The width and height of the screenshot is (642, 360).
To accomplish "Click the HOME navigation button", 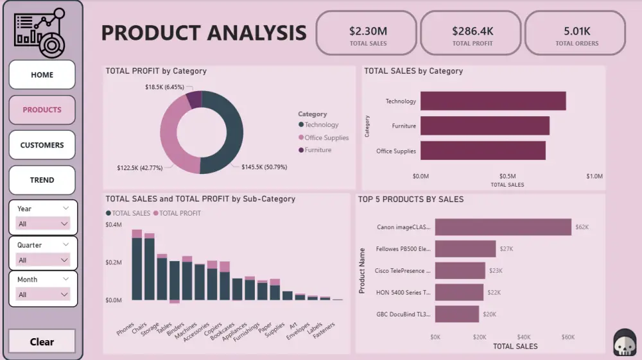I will [42, 75].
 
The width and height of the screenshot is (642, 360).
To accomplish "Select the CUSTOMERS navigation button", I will [42, 145].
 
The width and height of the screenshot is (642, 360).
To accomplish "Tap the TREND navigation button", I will [42, 180].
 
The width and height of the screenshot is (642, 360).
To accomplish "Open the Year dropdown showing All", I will [43, 224].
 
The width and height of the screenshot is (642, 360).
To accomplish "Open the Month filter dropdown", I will [43, 295].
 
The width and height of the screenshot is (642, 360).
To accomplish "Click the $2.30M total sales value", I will [368, 31].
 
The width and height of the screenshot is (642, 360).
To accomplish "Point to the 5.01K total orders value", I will [577, 31].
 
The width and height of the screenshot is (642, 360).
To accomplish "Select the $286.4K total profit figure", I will [473, 31].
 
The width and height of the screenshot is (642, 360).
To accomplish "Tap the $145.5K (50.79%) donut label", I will [264, 167].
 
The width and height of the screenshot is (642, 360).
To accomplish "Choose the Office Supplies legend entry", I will [326, 137].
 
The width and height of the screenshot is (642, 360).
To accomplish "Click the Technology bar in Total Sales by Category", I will [492, 101].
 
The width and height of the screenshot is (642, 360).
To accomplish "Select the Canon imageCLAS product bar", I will [503, 227].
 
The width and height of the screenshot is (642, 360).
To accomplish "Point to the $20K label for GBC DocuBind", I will [490, 314].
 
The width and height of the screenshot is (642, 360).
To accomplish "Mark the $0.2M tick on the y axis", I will [113, 262].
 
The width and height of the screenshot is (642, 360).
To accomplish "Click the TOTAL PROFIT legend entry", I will [179, 213].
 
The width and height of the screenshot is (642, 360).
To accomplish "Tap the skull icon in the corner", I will [624, 343].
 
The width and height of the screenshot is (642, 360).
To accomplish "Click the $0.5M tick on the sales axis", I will [507, 176].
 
